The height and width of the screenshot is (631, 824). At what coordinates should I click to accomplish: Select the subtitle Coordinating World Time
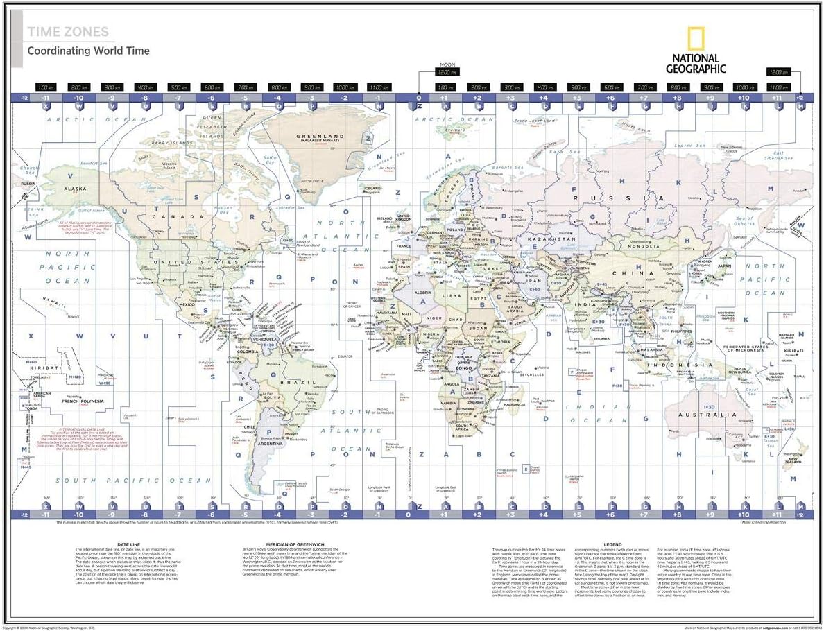coord(88,51)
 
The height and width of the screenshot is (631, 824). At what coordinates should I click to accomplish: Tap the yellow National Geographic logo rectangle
coord(696,40)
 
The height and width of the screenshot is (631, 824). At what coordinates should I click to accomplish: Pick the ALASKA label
coord(75,189)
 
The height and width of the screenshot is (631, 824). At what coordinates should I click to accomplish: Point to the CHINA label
coord(642,273)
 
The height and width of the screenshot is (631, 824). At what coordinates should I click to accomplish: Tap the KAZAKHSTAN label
coord(552,239)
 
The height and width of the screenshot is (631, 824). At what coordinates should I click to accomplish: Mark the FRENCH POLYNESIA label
coord(83,401)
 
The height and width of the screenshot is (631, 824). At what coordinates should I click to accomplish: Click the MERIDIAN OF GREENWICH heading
coord(284,544)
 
